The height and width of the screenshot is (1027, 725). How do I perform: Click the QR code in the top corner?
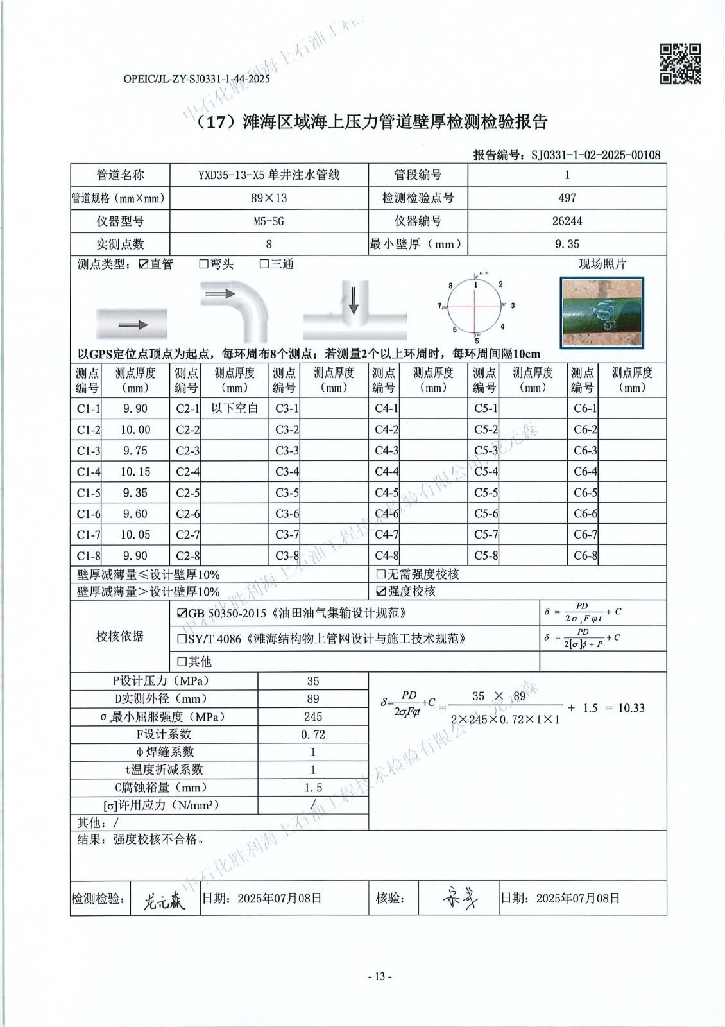(x=680, y=64)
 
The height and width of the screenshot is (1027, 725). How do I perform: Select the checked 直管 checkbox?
(x=144, y=264)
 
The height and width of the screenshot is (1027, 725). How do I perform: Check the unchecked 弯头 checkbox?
(x=203, y=264)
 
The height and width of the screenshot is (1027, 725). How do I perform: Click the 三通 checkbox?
(x=264, y=264)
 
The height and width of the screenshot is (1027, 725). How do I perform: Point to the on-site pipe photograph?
(x=601, y=313)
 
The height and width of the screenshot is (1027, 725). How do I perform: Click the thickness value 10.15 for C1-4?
(x=135, y=472)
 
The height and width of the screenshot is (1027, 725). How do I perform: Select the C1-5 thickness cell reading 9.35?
(x=135, y=493)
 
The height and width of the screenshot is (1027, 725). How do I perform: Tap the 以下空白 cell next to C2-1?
(x=234, y=409)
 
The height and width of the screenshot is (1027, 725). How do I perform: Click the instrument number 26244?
(x=567, y=221)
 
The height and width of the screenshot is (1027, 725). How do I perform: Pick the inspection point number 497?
(x=567, y=198)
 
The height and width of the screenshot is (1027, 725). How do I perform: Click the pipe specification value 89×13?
(x=269, y=198)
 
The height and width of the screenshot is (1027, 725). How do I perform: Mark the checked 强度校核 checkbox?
(x=380, y=591)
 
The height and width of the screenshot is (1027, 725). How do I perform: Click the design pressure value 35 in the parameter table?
(x=313, y=681)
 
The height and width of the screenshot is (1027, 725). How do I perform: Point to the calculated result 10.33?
(x=631, y=708)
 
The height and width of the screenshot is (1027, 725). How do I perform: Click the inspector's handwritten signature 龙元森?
(x=164, y=902)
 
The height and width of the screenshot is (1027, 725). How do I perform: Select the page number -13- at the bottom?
(x=379, y=977)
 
